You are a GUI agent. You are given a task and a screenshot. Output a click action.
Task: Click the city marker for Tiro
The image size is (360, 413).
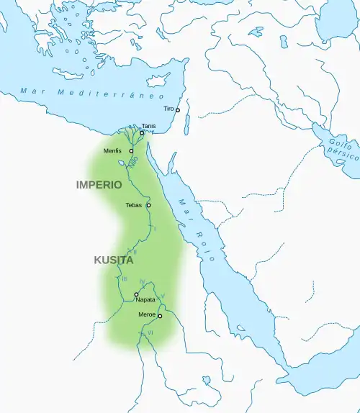[x=178, y=110]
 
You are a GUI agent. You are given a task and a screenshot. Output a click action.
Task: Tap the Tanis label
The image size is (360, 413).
[x=148, y=126]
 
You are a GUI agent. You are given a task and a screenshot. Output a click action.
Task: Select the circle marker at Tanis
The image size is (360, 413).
[x=142, y=133]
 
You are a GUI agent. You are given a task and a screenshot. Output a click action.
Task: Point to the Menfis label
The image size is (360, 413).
[x=112, y=151]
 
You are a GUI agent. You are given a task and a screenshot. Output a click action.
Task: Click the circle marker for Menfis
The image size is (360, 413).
[x=131, y=151]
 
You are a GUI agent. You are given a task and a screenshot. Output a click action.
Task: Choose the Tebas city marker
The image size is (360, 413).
[x=148, y=205]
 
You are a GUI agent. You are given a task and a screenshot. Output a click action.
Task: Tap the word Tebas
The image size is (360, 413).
[x=133, y=205]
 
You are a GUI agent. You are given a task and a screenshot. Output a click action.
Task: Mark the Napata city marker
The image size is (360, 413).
[x=136, y=294]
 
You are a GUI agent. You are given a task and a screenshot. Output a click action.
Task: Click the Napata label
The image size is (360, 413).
[x=145, y=301]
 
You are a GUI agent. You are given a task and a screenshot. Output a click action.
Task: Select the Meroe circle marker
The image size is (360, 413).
[x=160, y=316]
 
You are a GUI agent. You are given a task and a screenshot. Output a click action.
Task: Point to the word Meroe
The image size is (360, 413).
[x=146, y=315]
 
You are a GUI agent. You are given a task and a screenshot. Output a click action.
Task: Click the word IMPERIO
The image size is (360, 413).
[x=99, y=185]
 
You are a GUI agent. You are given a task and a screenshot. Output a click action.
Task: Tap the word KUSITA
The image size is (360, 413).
[x=113, y=260]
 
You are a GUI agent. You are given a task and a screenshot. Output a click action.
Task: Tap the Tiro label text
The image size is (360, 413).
[x=168, y=109]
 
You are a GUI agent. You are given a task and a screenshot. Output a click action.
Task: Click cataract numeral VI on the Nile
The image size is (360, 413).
[x=150, y=333]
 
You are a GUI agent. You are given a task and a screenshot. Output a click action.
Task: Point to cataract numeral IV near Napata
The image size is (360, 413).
[x=142, y=281]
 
